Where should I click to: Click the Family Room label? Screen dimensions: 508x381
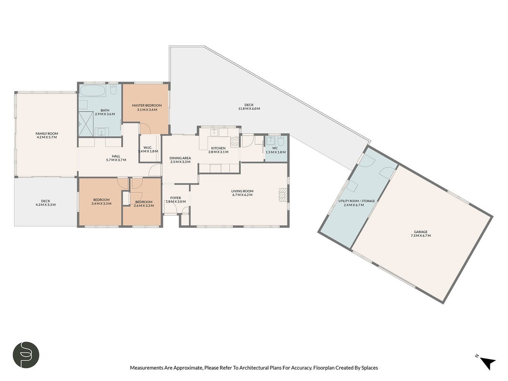tap(47, 133)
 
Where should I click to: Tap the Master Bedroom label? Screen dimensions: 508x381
tap(147, 105)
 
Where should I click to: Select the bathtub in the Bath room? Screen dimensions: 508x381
tap(92, 91)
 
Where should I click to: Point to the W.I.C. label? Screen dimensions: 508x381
tap(148, 148)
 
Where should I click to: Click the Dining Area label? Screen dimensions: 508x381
tap(180, 158)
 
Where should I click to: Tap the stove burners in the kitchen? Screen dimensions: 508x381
tap(235, 141)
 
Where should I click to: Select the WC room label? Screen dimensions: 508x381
tap(275, 148)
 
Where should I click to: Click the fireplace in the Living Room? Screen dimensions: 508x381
tap(283, 195)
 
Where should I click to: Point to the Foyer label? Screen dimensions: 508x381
tap(176, 198)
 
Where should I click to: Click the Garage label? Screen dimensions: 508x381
tap(420, 231)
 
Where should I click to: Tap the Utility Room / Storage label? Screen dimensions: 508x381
tap(357, 201)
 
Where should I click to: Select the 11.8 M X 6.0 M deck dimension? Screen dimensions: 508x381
tap(249, 109)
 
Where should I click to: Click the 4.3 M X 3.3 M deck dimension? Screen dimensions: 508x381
tap(45, 205)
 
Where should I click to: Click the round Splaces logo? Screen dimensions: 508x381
tap(26, 354)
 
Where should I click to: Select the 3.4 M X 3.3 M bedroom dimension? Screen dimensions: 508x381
tap(101, 204)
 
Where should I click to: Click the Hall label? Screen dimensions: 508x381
tap(116, 156)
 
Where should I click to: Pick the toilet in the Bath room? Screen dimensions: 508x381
tap(113, 89)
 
